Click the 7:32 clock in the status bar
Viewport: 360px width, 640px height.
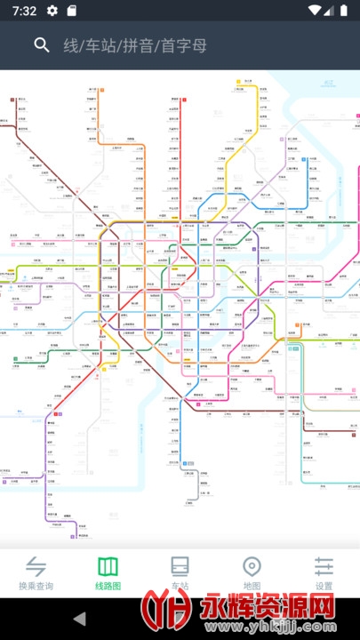(x=25, y=11)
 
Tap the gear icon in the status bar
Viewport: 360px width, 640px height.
(x=52, y=11)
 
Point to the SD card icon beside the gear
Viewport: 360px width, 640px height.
(x=71, y=11)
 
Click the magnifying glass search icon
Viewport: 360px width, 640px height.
(x=41, y=45)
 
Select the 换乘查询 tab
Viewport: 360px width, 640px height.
(x=36, y=573)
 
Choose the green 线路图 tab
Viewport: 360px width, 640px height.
(x=108, y=573)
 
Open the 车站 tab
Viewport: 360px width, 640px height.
(x=180, y=573)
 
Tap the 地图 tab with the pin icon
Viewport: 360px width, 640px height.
(x=252, y=573)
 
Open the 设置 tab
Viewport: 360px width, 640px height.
(x=324, y=573)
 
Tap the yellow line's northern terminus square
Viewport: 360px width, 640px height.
(x=238, y=81)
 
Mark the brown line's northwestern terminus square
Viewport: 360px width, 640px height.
(x=13, y=100)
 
